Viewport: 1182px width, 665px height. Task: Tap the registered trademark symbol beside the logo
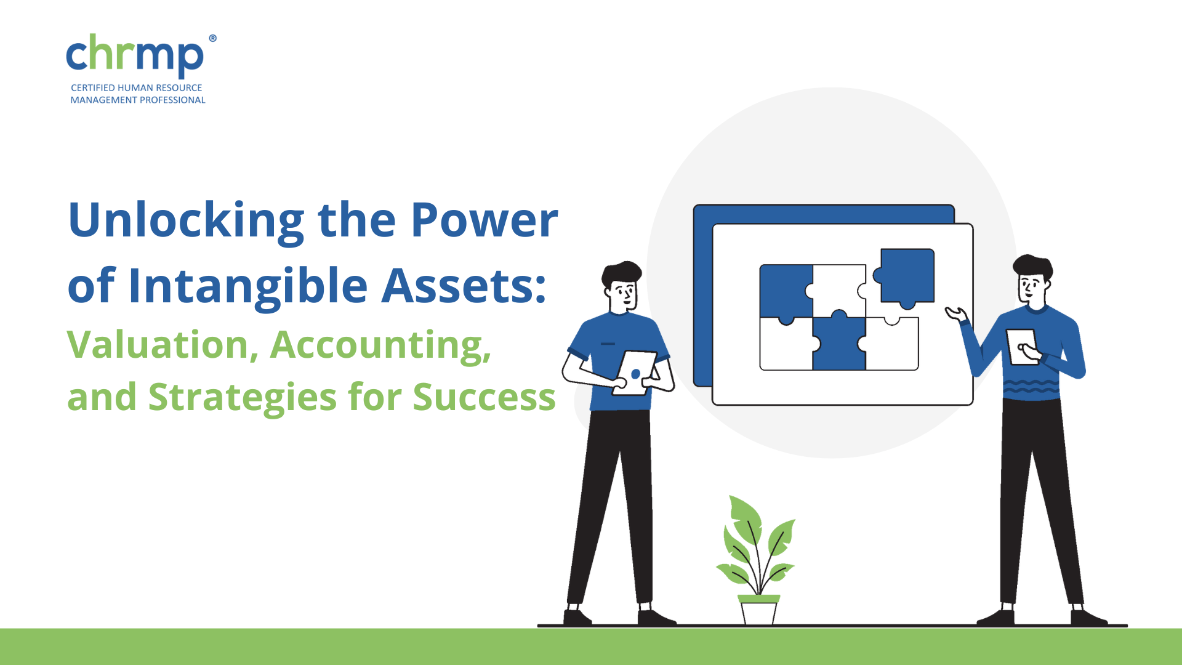pyautogui.click(x=212, y=38)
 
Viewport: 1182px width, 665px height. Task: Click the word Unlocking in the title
pyautogui.click(x=187, y=221)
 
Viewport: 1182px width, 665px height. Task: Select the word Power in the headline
pyautogui.click(x=484, y=220)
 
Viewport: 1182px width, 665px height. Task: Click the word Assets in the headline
pyautogui.click(x=464, y=286)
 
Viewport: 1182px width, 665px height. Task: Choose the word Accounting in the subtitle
pyautogui.click(x=380, y=345)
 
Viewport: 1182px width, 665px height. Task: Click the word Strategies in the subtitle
pyautogui.click(x=243, y=397)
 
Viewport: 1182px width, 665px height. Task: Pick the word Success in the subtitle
pyautogui.click(x=484, y=397)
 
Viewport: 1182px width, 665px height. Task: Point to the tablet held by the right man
pyautogui.click(x=1023, y=347)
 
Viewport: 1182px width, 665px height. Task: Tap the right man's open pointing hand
pyautogui.click(x=957, y=314)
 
